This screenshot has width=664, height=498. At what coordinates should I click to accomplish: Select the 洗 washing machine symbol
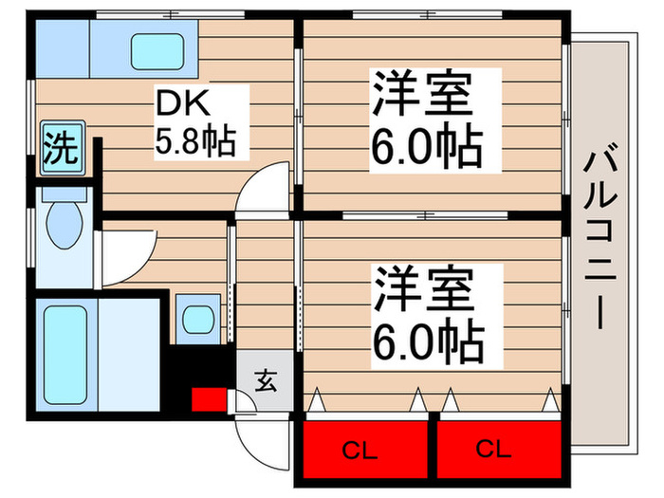coord(60,148)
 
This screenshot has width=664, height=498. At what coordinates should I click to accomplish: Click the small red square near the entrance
coord(208,399)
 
